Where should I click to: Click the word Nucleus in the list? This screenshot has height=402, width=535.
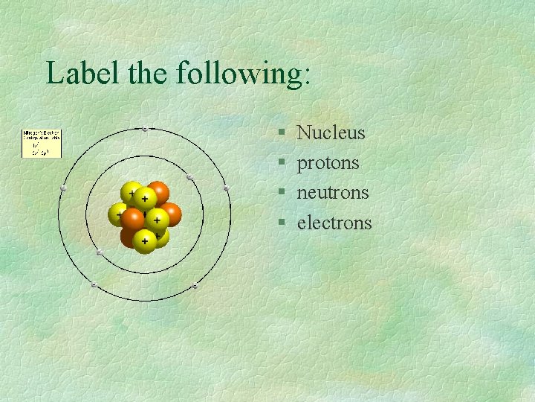click(331, 133)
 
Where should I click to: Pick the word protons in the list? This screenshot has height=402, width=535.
click(328, 164)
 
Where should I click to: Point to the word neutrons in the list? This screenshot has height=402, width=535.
click(332, 193)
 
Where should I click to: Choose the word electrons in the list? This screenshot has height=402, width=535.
click(334, 223)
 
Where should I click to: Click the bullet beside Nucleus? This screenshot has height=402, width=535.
click(282, 134)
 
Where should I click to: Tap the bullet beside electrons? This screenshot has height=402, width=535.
click(282, 223)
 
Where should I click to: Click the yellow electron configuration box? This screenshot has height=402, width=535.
click(42, 143)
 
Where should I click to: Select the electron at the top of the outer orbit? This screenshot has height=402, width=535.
click(144, 130)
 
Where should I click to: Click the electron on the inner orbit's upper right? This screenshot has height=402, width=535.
click(189, 177)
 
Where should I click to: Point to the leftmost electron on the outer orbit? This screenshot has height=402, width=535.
click(63, 189)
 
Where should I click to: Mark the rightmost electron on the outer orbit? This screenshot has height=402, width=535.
click(226, 189)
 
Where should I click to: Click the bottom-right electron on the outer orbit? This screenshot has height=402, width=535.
click(195, 286)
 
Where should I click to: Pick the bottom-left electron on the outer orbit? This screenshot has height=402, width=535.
click(94, 285)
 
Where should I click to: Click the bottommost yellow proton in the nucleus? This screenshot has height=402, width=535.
click(144, 241)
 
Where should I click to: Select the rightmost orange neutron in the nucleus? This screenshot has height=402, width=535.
click(170, 214)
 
